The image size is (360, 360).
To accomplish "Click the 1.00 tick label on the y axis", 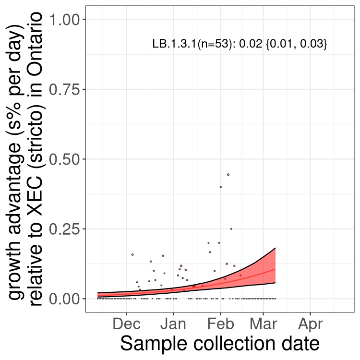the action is point(64,19).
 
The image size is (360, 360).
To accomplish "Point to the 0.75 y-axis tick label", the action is point(64,89).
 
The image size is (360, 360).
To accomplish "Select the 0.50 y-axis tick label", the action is point(64,159).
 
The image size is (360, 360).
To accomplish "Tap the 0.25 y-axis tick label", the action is point(64,229).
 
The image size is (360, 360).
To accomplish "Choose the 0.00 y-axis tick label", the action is point(64,299).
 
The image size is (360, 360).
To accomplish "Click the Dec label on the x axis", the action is point(127,324).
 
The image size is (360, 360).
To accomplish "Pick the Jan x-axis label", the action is point(173,324).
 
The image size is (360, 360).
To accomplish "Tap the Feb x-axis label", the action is point(221,324).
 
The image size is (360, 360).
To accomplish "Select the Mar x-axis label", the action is point(263,324).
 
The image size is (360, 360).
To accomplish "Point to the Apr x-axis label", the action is point(311,324).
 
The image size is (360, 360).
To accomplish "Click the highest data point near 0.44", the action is point(228,175).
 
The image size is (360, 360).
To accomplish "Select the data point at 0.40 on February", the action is point(221,187).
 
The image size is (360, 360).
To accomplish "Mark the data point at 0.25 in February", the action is point(231,228).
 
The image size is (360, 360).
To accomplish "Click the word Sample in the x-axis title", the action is point(154,344).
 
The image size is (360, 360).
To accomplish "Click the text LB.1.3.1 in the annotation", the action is point(175,44).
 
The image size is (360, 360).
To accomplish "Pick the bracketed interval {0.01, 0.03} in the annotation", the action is point(296,44).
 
